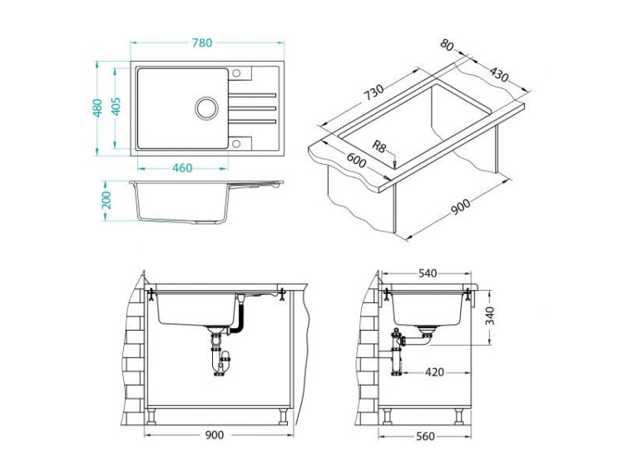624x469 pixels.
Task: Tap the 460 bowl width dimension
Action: (181, 167)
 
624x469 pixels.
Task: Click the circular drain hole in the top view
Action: (206, 107)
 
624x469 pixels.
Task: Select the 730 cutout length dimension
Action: (374, 92)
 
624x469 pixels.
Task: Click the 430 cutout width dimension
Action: (498, 74)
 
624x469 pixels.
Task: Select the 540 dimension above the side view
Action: (428, 273)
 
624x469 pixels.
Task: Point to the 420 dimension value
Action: (433, 372)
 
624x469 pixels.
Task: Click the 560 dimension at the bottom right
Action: (428, 436)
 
